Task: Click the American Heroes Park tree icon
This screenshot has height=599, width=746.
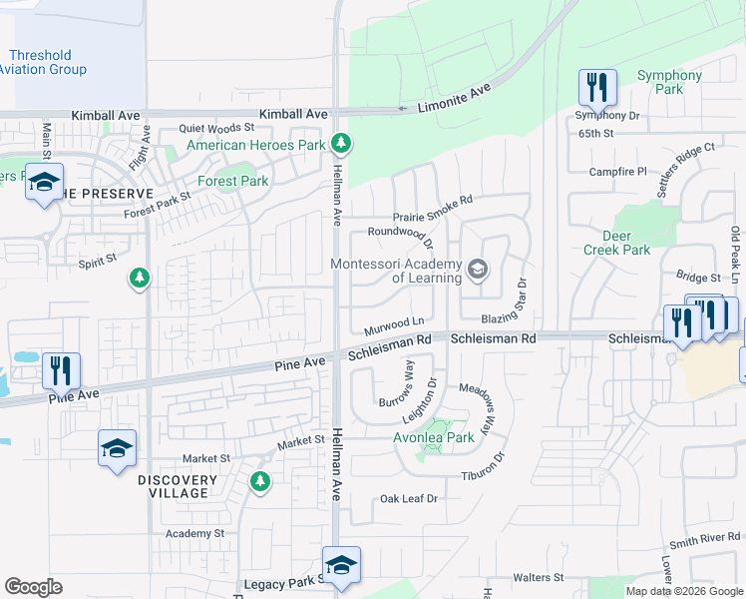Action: [341, 144]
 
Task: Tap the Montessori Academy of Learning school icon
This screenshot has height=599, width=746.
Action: [478, 269]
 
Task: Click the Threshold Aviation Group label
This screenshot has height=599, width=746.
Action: [42, 63]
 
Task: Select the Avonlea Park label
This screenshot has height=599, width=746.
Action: [434, 437]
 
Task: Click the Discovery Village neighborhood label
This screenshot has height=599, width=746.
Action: [178, 486]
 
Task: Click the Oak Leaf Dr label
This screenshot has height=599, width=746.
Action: [409, 499]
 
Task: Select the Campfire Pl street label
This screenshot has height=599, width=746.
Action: [618, 172]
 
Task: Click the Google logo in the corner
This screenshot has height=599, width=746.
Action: [33, 587]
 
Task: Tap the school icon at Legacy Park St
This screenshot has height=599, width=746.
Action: [341, 564]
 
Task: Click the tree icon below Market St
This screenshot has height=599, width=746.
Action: [260, 482]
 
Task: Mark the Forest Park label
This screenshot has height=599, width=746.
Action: [232, 182]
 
